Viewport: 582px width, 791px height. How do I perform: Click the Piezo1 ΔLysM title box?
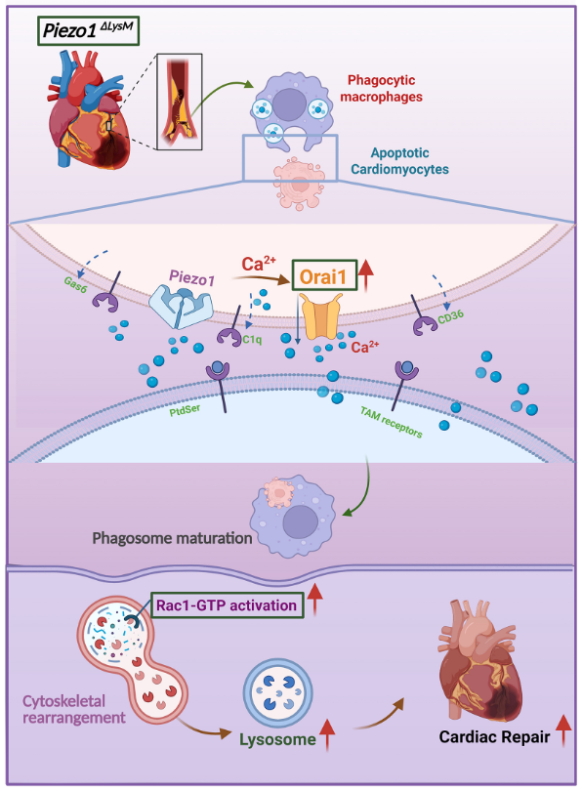[88, 31]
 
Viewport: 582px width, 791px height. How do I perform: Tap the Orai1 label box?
[324, 276]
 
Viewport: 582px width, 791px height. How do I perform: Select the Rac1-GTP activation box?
[228, 604]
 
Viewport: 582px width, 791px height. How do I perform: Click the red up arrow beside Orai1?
[366, 275]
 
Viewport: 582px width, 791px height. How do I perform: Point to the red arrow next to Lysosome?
[328, 735]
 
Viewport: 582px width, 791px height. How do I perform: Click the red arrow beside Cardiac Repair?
[563, 731]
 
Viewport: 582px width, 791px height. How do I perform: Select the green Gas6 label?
[75, 285]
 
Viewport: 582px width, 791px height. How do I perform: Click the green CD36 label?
[450, 316]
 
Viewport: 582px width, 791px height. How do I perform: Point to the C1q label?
[252, 340]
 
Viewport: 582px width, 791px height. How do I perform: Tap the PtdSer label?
[185, 409]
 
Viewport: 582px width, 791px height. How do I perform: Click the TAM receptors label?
[391, 422]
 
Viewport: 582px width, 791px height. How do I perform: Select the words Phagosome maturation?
[172, 538]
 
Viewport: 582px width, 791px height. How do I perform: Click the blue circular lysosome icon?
[278, 692]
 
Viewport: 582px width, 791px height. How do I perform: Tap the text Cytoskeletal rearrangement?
[74, 709]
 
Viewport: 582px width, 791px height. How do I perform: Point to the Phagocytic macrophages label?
[381, 88]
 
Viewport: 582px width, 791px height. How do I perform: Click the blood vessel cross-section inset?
[180, 102]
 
